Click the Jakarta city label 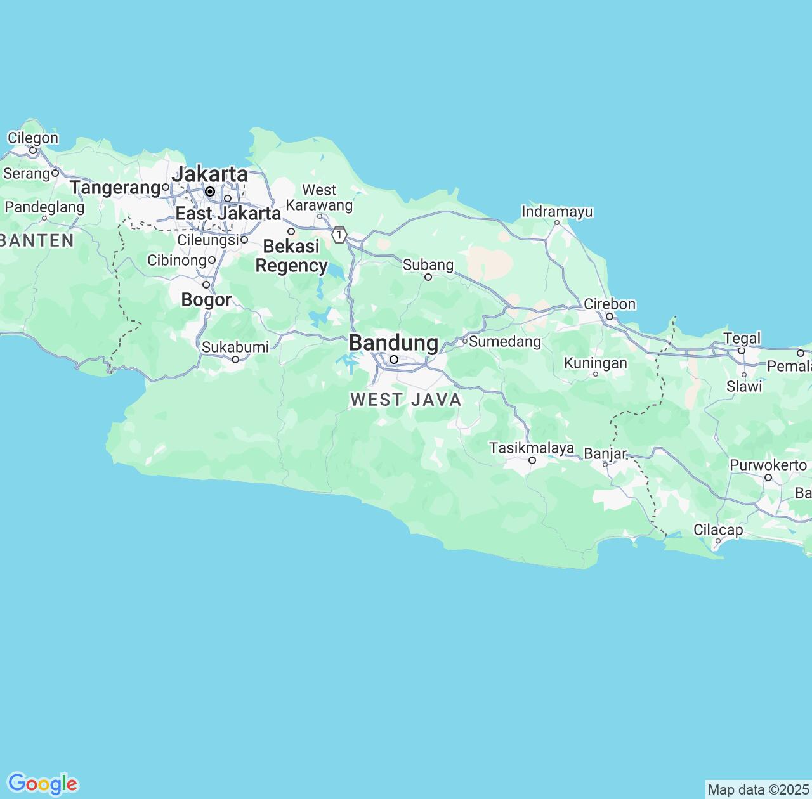(210, 174)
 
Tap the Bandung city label (393, 343)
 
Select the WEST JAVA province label (406, 399)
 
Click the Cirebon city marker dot (610, 316)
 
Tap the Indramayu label (557, 211)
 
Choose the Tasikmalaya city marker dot (532, 460)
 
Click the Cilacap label (718, 529)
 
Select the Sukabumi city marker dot (235, 360)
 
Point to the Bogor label (206, 299)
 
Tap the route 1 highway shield (340, 235)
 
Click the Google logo (43, 784)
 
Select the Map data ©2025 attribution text (758, 789)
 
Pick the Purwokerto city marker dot (768, 477)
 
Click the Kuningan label (595, 363)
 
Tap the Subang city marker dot (428, 277)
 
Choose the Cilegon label (33, 138)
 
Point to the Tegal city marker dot (741, 351)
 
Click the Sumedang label (505, 342)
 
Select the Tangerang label (115, 188)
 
